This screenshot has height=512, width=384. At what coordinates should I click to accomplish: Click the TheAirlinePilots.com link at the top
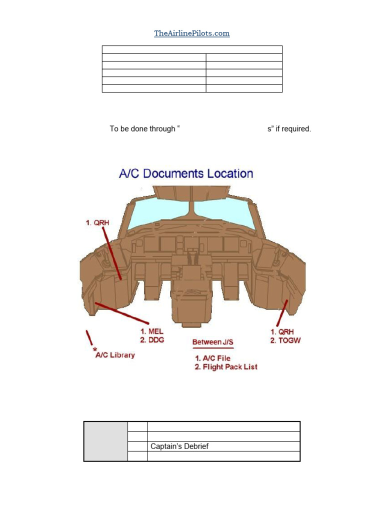[x=191, y=33]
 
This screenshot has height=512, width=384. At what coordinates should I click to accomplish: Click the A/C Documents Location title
[x=186, y=173]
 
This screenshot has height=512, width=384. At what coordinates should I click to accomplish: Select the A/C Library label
[x=115, y=355]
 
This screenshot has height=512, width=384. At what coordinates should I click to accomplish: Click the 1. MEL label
[x=151, y=331]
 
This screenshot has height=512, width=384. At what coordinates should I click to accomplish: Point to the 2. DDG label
[x=152, y=340]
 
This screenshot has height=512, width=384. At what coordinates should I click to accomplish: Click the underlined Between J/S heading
[x=213, y=342]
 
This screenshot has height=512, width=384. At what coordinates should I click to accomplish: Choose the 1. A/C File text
[x=212, y=358]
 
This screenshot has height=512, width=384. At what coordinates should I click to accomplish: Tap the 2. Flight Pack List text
[x=225, y=366]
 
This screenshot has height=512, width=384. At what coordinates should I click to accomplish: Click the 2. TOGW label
[x=285, y=340]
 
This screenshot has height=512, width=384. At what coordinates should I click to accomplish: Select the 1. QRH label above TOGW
[x=280, y=331]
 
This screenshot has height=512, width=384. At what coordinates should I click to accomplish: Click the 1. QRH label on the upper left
[x=95, y=222]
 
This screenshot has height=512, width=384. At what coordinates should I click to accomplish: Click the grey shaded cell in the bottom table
[x=105, y=441]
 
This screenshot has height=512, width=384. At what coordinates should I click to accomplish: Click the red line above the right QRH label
[x=282, y=312]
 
